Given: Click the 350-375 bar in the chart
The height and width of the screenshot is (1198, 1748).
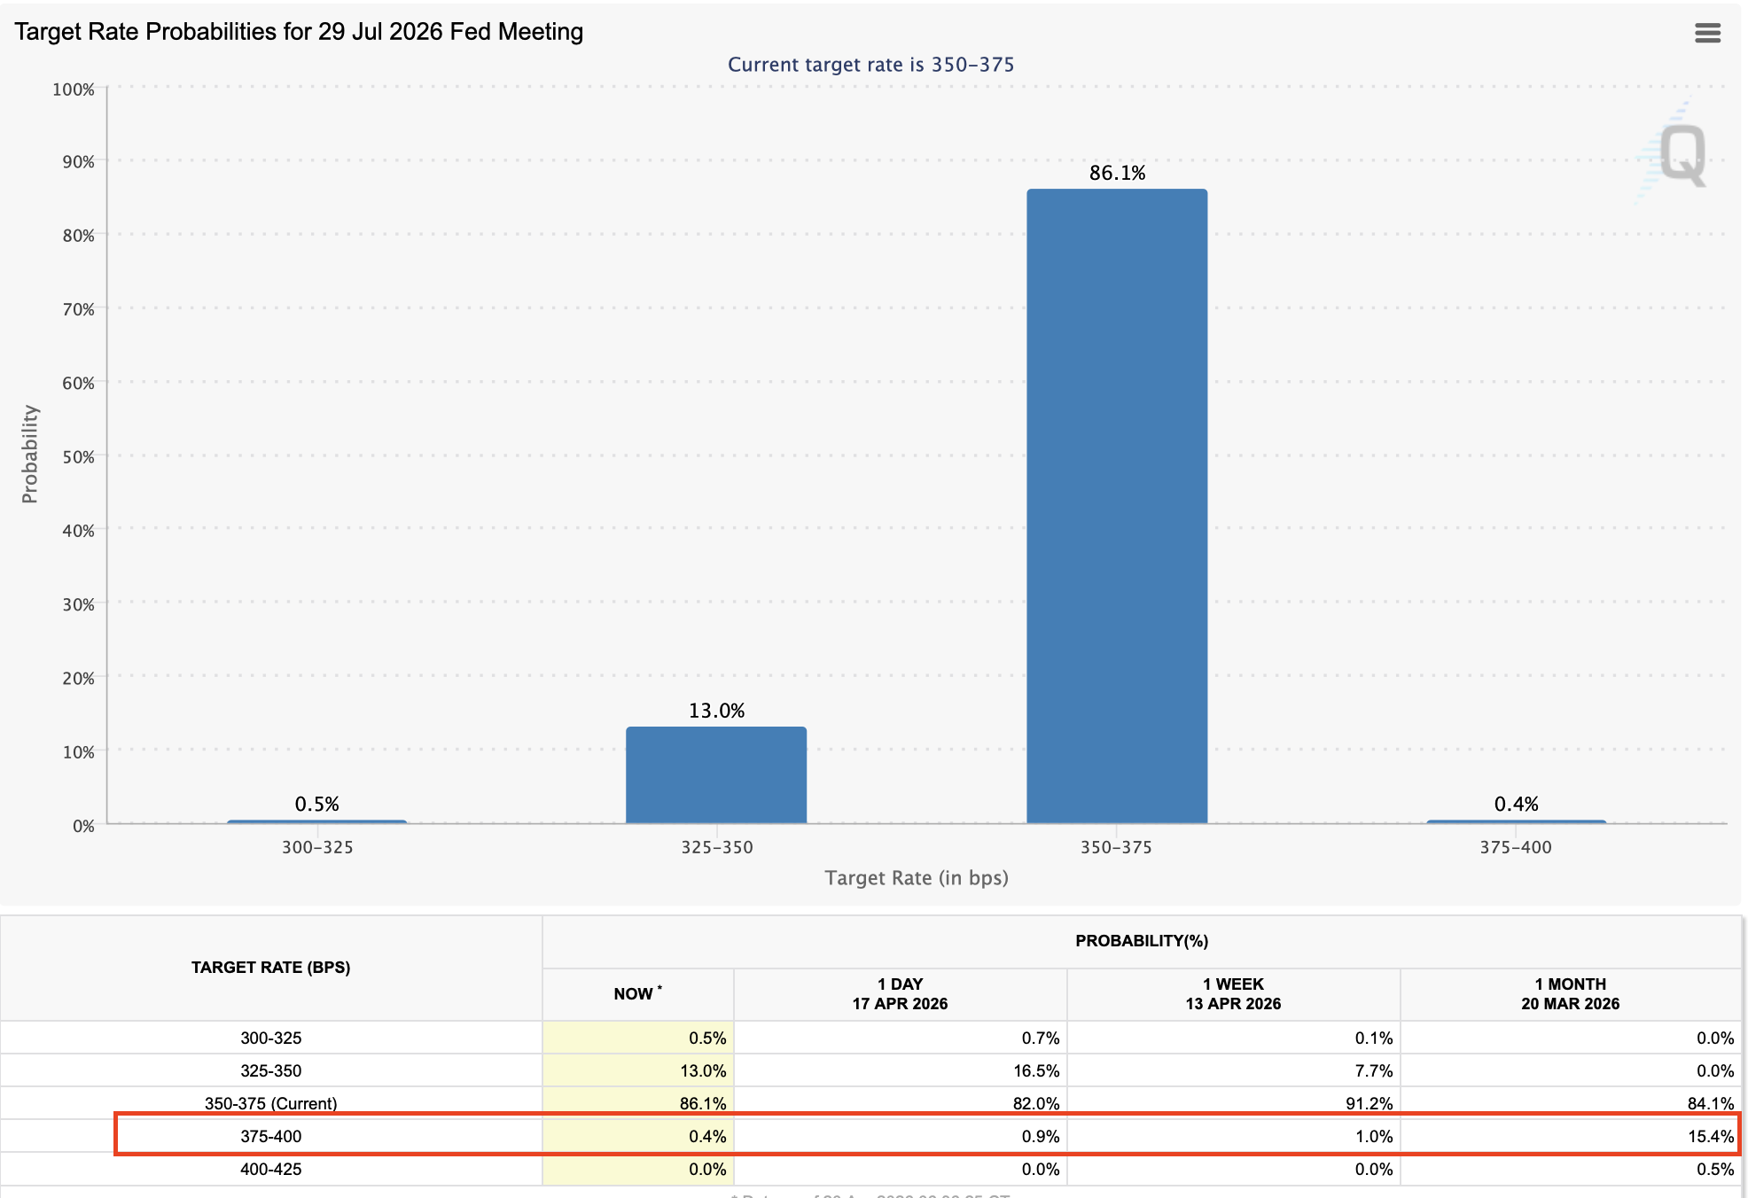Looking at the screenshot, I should (1117, 505).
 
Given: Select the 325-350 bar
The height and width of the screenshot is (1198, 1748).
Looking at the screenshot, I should (716, 775).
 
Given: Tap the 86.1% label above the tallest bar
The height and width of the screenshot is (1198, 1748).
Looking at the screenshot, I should (1117, 173).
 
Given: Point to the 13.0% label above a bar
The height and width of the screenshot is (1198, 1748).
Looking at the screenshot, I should (716, 711).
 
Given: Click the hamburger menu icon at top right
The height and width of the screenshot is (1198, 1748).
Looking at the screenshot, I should (1707, 33).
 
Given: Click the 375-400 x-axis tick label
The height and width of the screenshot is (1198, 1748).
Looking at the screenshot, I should (1516, 847).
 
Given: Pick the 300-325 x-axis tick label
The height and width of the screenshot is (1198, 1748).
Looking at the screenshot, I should (317, 847).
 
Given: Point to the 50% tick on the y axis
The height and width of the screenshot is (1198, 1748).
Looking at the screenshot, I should (78, 457).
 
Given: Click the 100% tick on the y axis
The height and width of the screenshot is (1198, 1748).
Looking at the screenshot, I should (74, 89).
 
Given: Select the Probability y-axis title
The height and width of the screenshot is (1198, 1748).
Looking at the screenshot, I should (30, 454).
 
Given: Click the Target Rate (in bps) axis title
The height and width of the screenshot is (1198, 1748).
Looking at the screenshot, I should (917, 878).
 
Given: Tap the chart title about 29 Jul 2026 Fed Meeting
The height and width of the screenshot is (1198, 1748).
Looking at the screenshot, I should (299, 32).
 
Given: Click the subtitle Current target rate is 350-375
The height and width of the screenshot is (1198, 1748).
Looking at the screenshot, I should (870, 65).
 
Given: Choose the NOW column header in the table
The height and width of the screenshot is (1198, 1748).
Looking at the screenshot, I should (635, 994).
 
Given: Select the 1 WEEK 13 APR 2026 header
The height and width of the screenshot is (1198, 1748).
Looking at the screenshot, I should (1233, 994).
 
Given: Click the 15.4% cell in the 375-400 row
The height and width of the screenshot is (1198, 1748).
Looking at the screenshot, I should (1710, 1137).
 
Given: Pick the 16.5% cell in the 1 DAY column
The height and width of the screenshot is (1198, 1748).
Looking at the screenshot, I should (1036, 1070).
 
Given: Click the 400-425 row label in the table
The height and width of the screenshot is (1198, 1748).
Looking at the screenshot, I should (271, 1170).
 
